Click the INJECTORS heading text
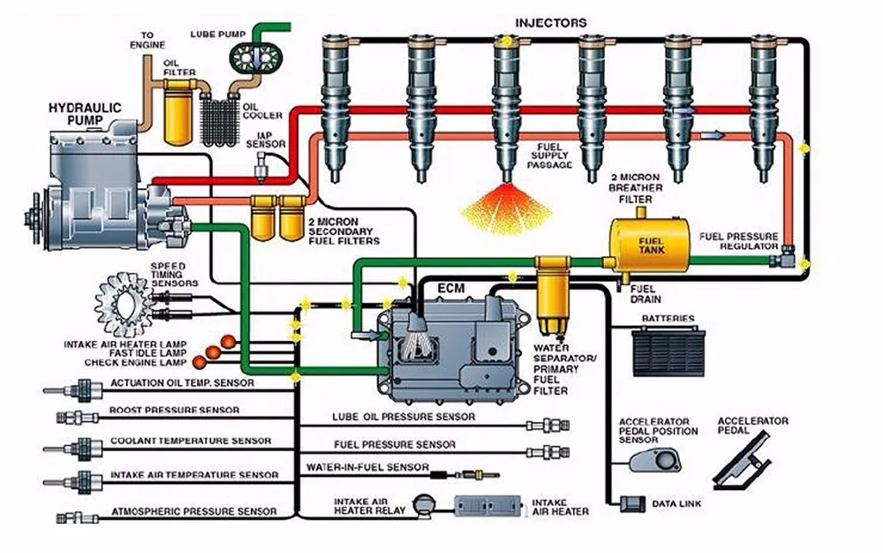[x=550, y=22]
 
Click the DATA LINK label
[x=675, y=504]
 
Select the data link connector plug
[x=633, y=504]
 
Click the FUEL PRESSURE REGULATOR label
[x=738, y=242]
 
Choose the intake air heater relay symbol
[x=426, y=505]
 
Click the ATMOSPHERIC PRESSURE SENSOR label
[x=193, y=511]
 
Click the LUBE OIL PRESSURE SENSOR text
[x=404, y=417]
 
